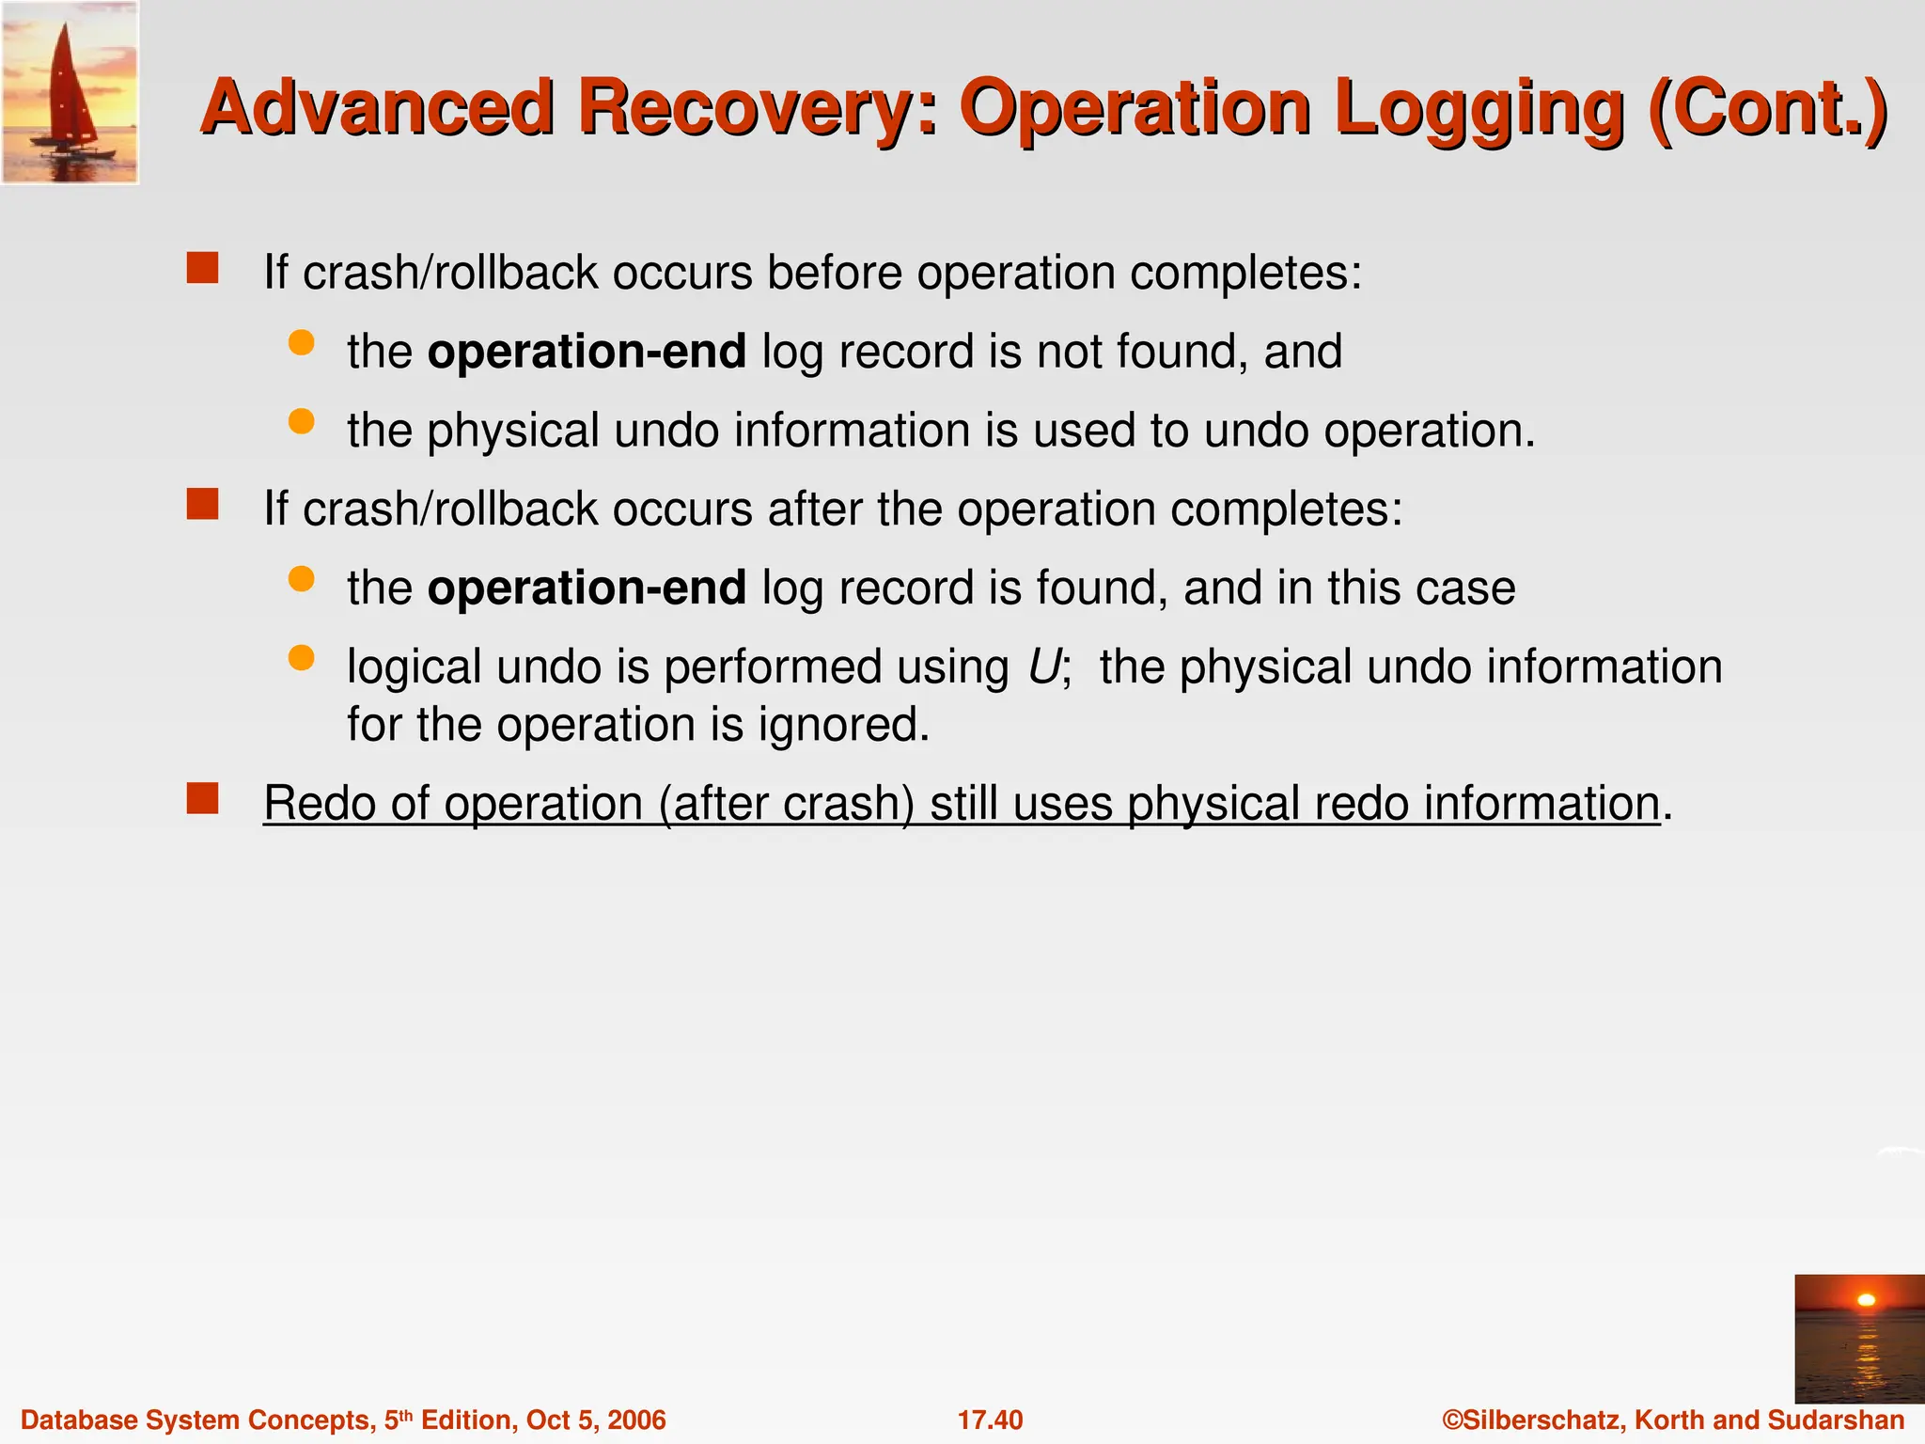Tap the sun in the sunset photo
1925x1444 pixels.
1867,1300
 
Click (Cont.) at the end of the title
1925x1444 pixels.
1767,108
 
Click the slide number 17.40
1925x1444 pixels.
990,1420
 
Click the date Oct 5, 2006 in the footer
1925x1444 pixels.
596,1420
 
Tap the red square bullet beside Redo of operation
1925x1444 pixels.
202,799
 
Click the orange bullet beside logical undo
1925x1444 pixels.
301,658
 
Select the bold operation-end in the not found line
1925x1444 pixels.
587,352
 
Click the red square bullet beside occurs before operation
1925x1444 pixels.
202,268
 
